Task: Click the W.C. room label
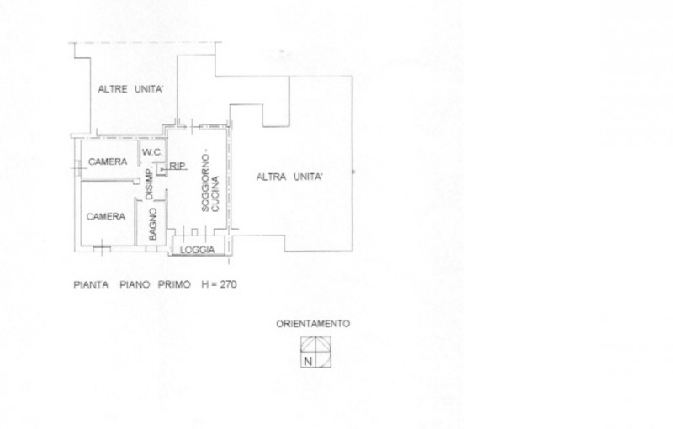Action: pos(151,152)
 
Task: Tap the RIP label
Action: pos(178,167)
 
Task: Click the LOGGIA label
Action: pos(199,250)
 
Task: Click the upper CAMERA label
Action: pos(108,162)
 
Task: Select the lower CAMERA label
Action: pos(107,216)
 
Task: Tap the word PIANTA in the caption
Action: pos(89,285)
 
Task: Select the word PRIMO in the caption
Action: pos(177,285)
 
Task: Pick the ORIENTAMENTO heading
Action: pos(312,323)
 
